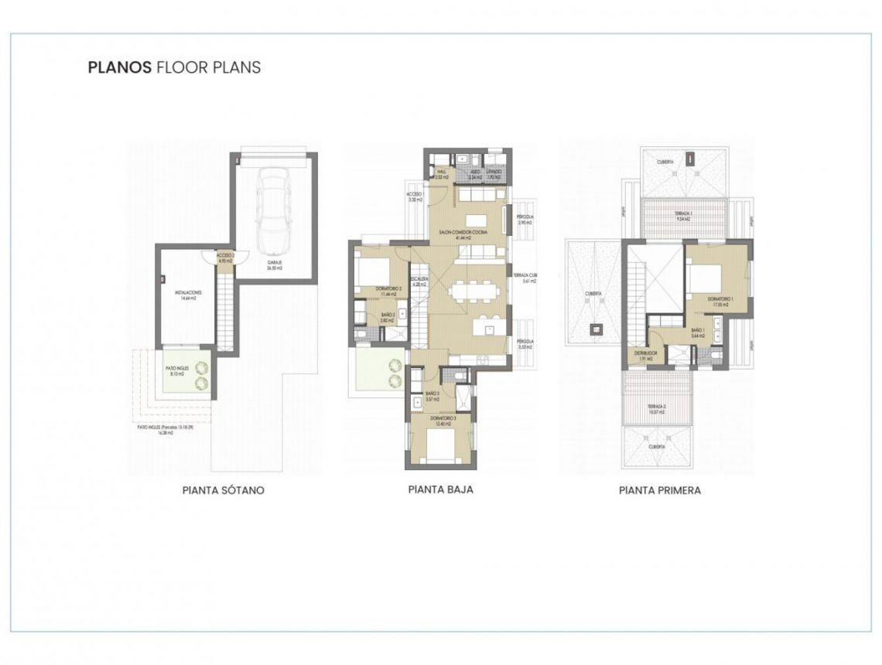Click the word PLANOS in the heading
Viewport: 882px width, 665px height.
[x=119, y=67]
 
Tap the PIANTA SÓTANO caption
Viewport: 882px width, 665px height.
[x=223, y=490]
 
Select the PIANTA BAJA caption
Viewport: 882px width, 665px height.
[x=440, y=489]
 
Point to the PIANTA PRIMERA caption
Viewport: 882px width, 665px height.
[x=659, y=490]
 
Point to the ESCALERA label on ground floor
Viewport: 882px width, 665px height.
[x=420, y=281]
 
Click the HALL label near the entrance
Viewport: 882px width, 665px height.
[x=443, y=174]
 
